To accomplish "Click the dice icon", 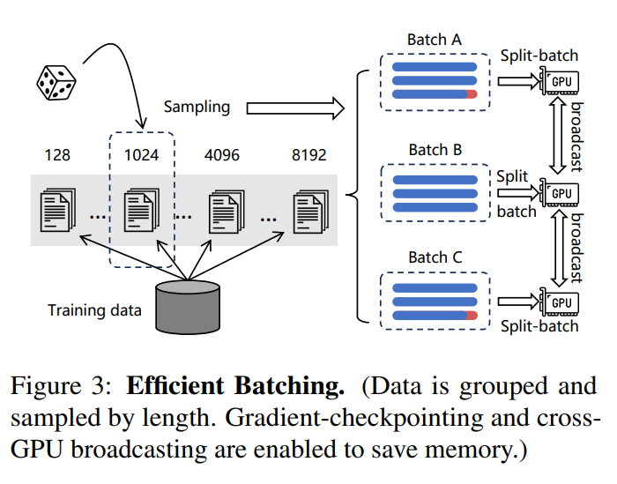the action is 56,83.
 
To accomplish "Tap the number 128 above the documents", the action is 57,155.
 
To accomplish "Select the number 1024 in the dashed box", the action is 141,155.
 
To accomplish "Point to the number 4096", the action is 221,155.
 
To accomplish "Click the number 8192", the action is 308,155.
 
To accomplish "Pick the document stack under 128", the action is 58,210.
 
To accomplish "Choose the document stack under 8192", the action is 311,212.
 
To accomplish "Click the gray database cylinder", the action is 188,307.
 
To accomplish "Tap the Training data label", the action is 94,310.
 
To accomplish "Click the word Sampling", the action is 197,107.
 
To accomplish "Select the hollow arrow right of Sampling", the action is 295,108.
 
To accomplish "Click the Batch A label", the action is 434,40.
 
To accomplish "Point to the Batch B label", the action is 435,150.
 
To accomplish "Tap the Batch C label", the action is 435,257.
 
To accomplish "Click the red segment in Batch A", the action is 472,94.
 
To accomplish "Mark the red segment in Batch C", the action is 472,316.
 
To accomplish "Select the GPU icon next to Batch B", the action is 559,193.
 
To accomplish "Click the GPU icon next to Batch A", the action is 559,81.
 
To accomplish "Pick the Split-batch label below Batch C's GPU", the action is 539,326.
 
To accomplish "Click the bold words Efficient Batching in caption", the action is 235,385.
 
